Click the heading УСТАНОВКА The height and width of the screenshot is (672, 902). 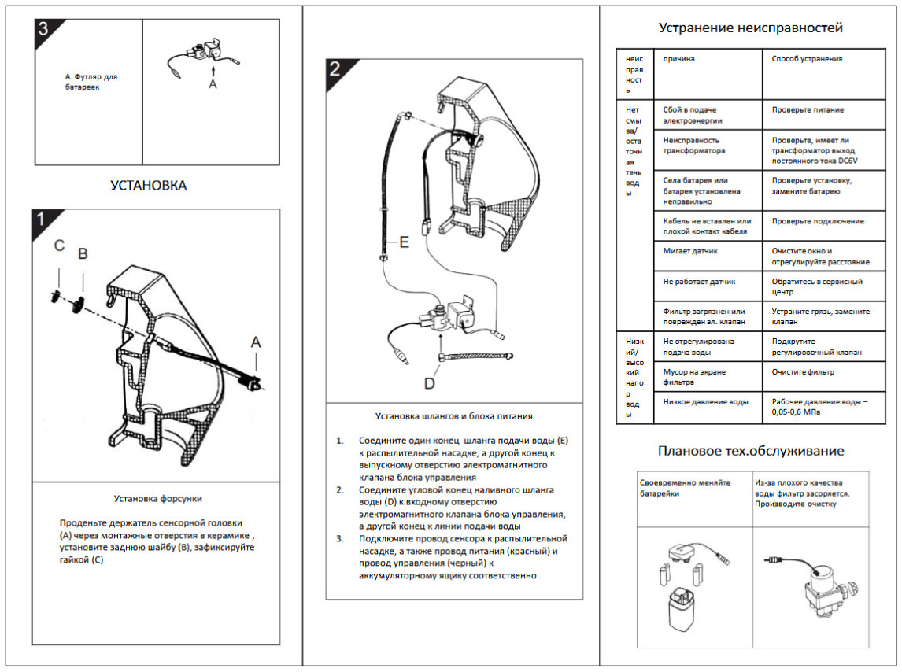coord(149,185)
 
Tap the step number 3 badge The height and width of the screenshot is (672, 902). coord(44,28)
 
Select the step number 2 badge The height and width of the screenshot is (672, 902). coord(335,68)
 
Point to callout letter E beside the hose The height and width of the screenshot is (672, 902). coord(404,242)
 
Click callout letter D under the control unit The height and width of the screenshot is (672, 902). coord(429,383)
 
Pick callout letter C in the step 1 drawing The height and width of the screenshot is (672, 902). coord(59,246)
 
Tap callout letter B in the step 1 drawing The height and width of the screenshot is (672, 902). coord(83,253)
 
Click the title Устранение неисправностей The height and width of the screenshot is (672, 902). coord(751,28)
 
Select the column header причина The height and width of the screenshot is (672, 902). coord(678,59)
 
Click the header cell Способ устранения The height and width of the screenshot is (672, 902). coord(807,59)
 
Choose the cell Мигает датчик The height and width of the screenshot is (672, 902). coord(690,252)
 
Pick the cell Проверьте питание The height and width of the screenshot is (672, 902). coord(808,110)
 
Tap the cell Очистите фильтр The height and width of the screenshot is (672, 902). coord(803,372)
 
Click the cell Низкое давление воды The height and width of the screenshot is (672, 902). coord(706,402)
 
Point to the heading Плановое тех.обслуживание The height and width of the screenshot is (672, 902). coord(751,451)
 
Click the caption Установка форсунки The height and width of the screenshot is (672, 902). coord(157,499)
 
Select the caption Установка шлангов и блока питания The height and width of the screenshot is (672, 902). coord(454,416)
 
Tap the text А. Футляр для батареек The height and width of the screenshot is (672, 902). coord(91,82)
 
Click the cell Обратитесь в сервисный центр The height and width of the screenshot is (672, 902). coord(817,286)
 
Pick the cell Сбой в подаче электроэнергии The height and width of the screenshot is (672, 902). coord(693,115)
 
